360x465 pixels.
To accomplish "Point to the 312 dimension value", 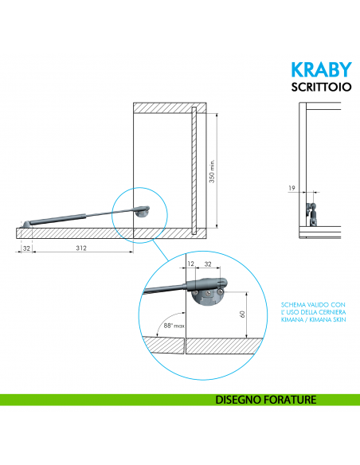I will click(81, 248).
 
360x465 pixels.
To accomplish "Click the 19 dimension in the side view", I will click(292, 190).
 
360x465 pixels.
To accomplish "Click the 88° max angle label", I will click(173, 326).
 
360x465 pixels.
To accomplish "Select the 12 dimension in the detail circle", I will click(190, 263).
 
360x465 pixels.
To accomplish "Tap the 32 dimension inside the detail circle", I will click(209, 263).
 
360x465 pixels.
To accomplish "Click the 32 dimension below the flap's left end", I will click(26, 248).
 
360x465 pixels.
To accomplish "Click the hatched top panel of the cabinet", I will click(170, 107).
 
